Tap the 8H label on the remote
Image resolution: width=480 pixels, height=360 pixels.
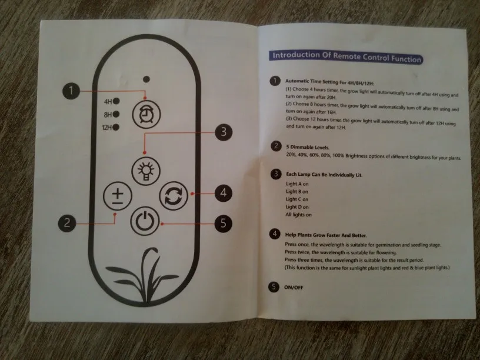click(107, 114)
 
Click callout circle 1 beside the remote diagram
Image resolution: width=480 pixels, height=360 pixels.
click(71, 91)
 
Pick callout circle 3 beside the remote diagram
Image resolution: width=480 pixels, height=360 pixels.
click(220, 132)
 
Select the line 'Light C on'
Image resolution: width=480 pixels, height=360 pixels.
click(297, 199)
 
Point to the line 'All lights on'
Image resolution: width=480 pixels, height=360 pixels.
click(299, 215)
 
